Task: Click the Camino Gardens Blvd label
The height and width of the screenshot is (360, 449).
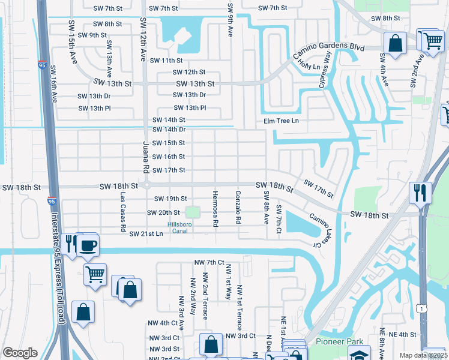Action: (339, 48)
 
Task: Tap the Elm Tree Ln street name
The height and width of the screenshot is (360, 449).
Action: (281, 121)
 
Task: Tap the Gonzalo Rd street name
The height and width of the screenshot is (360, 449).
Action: (238, 208)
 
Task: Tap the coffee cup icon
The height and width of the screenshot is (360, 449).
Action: (88, 245)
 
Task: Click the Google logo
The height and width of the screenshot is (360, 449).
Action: (20, 353)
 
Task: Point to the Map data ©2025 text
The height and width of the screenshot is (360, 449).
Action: (423, 355)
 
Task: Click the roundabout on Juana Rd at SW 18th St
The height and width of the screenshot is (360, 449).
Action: (147, 186)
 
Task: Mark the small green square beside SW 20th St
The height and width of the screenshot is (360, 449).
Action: (192, 212)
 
